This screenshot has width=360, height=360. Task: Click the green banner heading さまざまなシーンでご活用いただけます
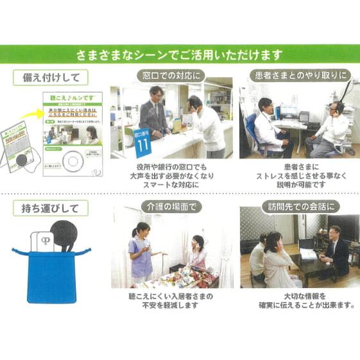(x=180, y=55)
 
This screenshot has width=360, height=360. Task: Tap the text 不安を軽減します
(x=171, y=306)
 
